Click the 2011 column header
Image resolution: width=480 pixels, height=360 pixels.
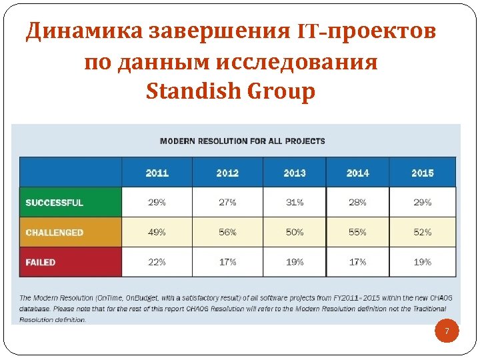click(x=157, y=173)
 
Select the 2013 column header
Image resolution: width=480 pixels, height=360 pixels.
click(x=294, y=173)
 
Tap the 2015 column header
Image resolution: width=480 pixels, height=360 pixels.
click(x=423, y=173)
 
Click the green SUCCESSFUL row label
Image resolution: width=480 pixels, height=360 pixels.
click(x=55, y=203)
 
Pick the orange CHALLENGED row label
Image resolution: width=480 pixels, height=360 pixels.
click(x=55, y=233)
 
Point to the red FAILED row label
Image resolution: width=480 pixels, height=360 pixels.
click(x=41, y=262)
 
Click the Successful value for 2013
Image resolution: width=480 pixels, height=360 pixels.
click(x=294, y=203)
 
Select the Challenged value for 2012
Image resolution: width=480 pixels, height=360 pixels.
click(x=227, y=233)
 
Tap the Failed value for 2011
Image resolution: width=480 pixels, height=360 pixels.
click(x=157, y=262)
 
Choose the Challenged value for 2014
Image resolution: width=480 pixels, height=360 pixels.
click(x=357, y=233)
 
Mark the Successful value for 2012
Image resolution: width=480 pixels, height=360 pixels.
click(x=227, y=203)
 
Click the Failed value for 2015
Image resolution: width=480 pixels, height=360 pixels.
click(x=423, y=262)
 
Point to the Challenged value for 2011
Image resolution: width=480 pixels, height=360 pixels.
click(x=157, y=233)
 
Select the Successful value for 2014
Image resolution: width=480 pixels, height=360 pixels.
click(x=357, y=203)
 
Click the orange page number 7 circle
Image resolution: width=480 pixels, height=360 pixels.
click(x=447, y=332)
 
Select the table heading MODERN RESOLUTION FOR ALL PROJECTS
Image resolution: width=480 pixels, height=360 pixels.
click(x=243, y=141)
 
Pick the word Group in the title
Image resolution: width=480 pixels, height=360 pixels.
click(x=281, y=91)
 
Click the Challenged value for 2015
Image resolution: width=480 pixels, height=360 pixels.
click(x=423, y=233)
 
